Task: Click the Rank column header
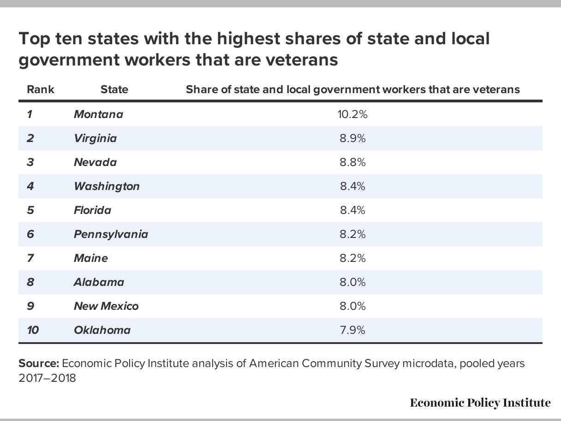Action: [41, 89]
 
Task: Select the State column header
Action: [114, 89]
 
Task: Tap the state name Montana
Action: [98, 114]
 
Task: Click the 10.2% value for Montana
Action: [352, 114]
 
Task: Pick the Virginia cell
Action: [95, 138]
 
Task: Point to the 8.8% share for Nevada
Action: [352, 162]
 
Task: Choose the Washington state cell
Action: [107, 186]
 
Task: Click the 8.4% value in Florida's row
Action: [352, 210]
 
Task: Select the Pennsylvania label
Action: [111, 234]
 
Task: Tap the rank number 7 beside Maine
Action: [30, 258]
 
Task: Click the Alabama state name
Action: [99, 282]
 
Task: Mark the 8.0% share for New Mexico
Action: [352, 306]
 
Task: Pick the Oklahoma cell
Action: [102, 330]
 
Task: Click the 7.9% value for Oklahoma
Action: [352, 330]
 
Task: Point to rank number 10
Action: [33, 330]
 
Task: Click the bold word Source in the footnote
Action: [39, 363]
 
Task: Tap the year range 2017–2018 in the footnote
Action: [47, 378]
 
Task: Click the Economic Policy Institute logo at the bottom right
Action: [480, 403]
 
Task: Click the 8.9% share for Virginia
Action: [352, 138]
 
